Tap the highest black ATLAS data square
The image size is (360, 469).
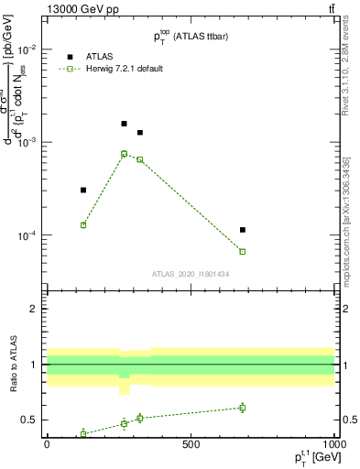(124, 124)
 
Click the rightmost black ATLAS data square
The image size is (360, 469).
(243, 230)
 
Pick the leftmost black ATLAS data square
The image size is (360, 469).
(83, 191)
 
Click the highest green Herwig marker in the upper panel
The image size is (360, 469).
(124, 154)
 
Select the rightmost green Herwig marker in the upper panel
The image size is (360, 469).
(243, 251)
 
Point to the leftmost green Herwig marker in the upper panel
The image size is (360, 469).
(83, 225)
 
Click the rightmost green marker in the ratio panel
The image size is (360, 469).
(243, 408)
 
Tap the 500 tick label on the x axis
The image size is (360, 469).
(191, 445)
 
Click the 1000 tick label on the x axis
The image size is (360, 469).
(333, 445)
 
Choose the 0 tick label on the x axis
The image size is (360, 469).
(48, 445)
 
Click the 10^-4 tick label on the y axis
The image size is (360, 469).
(28, 235)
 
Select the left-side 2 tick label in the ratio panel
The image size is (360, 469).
(34, 309)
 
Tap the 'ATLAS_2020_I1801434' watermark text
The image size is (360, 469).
(191, 274)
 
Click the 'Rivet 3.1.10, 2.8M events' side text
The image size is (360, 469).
(345, 73)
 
